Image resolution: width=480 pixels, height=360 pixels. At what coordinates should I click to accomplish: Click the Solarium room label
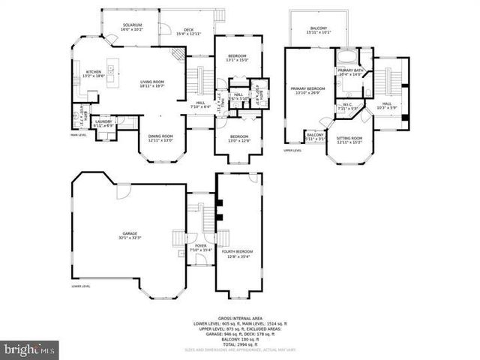pyautogui.click(x=133, y=27)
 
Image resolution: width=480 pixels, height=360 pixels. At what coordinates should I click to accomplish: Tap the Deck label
pyautogui.click(x=189, y=31)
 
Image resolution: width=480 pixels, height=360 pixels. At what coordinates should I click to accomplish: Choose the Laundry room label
pyautogui.click(x=103, y=122)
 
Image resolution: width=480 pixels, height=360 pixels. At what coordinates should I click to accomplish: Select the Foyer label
pyautogui.click(x=201, y=247)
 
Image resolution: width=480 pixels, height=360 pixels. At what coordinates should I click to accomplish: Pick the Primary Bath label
pyautogui.click(x=349, y=72)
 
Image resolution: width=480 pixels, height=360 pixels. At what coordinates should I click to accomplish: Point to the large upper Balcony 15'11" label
pyautogui.click(x=319, y=30)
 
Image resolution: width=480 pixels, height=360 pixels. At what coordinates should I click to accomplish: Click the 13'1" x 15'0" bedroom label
pyautogui.click(x=237, y=58)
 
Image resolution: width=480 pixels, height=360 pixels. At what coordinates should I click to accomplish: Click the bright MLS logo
pyautogui.click(x=30, y=349)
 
